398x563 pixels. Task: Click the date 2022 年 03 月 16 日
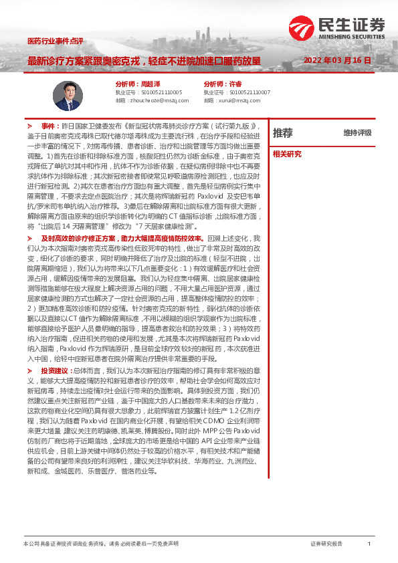coord(337,61)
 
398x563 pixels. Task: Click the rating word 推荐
coord(283,132)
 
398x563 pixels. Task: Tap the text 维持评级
coord(357,133)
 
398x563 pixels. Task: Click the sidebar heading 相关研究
coord(287,154)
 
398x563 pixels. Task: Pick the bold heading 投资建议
coord(55,370)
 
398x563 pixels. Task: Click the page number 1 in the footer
coord(369,544)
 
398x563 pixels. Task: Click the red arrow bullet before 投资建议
coord(29,370)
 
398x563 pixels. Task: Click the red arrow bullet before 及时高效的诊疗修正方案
coord(29,238)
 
